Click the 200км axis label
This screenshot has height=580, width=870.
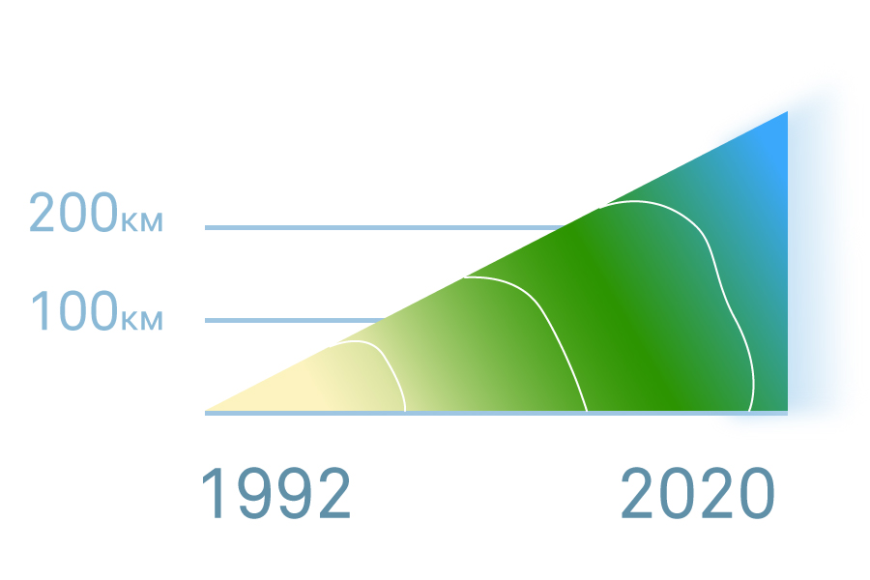tap(96, 212)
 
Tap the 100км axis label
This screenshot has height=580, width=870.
tap(97, 311)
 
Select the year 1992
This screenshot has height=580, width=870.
tap(275, 493)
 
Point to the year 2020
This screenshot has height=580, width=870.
tap(697, 493)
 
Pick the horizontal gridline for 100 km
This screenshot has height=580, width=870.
tap(295, 320)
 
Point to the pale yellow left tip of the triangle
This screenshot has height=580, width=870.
tap(207, 410)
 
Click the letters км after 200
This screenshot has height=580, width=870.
tap(141, 222)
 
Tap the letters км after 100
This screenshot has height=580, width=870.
tap(141, 321)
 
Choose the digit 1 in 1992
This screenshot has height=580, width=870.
tap(214, 493)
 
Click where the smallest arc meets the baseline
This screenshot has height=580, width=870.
tap(405, 411)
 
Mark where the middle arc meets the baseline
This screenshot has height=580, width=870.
tap(587, 411)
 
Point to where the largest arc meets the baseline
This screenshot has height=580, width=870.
tap(749, 411)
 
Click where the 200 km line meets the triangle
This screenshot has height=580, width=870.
tap(565, 227)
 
